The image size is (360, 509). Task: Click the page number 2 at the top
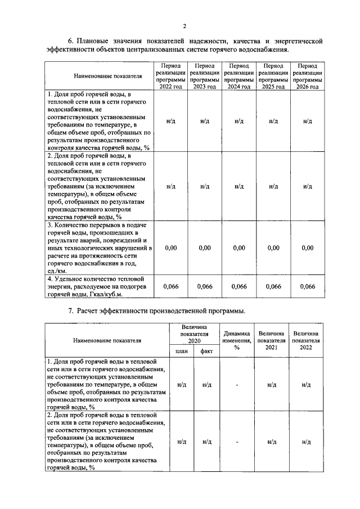pyautogui.click(x=184, y=25)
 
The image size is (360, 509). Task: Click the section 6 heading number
pyautogui.click(x=71, y=41)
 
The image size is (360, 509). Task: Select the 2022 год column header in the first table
pyautogui.click(x=170, y=76)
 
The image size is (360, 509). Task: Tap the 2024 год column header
pyautogui.click(x=238, y=76)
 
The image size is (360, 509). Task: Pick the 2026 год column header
pyautogui.click(x=307, y=76)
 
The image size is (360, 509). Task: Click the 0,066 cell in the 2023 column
pyautogui.click(x=205, y=287)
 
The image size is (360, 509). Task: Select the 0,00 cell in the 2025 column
pyautogui.click(x=273, y=247)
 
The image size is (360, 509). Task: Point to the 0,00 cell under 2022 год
pyautogui.click(x=170, y=247)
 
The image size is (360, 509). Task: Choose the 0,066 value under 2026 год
pyautogui.click(x=307, y=287)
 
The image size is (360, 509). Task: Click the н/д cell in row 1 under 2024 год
pyautogui.click(x=238, y=121)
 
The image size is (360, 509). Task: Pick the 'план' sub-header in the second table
pyautogui.click(x=181, y=352)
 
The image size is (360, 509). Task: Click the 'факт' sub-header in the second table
pyautogui.click(x=206, y=352)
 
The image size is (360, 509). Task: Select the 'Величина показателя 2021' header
pyautogui.click(x=271, y=340)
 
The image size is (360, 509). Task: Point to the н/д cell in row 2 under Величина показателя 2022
pyautogui.click(x=306, y=442)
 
